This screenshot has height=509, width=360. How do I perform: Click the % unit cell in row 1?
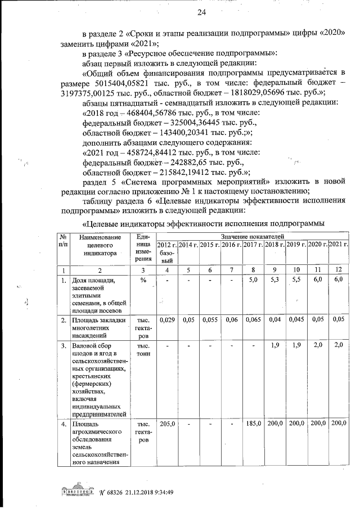143,280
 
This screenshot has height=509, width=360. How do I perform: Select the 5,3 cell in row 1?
275,280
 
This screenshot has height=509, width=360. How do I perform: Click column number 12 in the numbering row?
338,271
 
